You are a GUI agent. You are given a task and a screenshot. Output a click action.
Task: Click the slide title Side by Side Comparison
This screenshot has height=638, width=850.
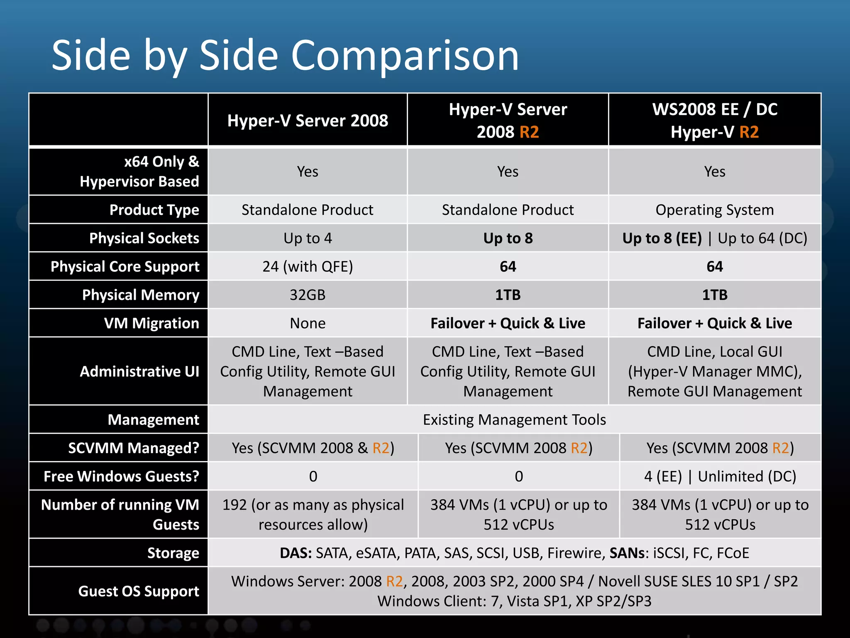pos(285,56)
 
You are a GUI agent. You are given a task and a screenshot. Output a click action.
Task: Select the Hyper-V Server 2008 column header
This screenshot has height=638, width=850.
pos(308,120)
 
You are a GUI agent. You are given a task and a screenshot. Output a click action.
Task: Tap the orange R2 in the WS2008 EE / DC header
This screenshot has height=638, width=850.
pos(749,132)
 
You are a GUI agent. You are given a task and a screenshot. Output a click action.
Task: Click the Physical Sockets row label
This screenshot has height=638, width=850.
pos(144,238)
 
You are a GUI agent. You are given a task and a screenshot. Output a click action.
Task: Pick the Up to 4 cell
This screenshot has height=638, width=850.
pos(308,238)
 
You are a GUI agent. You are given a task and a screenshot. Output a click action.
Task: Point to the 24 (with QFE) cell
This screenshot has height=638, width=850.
pos(308,266)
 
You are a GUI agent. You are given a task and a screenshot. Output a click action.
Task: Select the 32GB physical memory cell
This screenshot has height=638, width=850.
pos(308,294)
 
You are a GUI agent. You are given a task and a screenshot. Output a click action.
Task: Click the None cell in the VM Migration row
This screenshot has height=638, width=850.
pos(308,323)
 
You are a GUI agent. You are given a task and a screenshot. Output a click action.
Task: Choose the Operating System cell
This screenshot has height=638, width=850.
pos(714,210)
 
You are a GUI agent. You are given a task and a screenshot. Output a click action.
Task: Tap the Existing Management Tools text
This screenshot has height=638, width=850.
pos(514,420)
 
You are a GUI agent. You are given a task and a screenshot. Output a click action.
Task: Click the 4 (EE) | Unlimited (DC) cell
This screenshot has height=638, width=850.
pos(720,476)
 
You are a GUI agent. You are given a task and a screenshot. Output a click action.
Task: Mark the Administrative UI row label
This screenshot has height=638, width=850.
pos(139,371)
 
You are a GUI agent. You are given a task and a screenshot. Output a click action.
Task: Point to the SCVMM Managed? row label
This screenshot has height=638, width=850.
pos(134,448)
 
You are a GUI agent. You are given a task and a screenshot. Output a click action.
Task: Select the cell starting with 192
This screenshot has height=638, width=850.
pos(313,514)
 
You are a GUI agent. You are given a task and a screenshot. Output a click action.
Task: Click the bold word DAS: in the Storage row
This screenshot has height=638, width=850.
pos(296,553)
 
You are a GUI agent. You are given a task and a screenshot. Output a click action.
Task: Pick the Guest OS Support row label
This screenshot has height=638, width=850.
pos(139,591)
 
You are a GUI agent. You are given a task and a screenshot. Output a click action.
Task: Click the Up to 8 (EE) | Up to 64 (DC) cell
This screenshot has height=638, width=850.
pos(714,238)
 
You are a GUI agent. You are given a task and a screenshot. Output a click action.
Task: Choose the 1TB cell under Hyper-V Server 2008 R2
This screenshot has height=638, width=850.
pos(508,294)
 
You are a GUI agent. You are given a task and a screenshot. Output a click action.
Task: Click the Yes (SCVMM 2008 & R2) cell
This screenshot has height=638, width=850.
pos(313,448)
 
